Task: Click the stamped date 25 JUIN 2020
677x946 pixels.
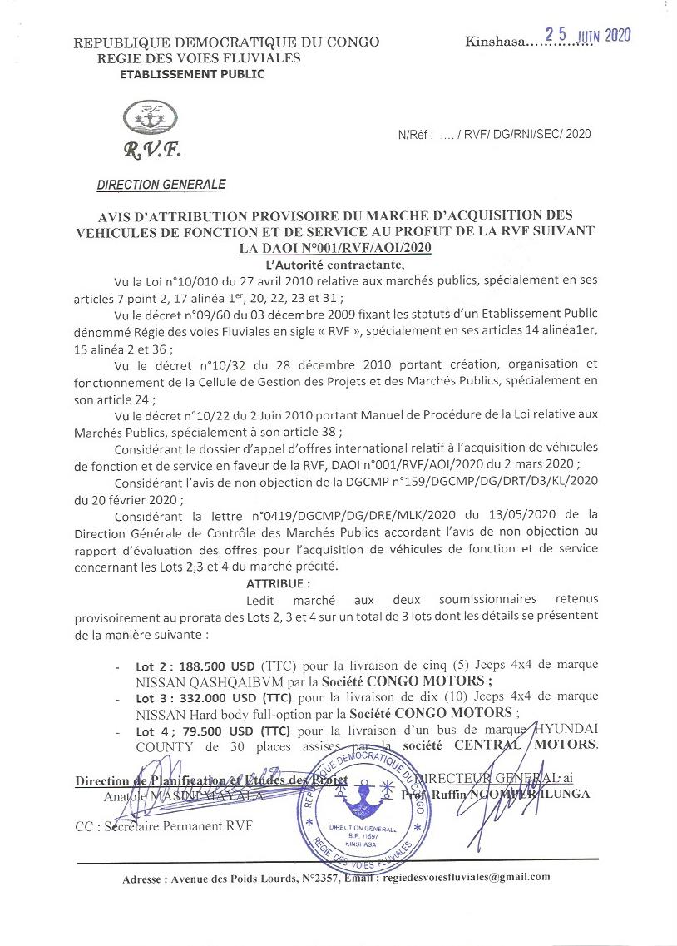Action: (587, 35)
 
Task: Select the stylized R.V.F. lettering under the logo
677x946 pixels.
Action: (151, 151)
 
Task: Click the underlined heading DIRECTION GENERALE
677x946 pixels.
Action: (161, 184)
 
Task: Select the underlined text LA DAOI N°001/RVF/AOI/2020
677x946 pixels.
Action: (335, 248)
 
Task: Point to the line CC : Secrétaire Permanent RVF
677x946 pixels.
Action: (162, 825)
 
